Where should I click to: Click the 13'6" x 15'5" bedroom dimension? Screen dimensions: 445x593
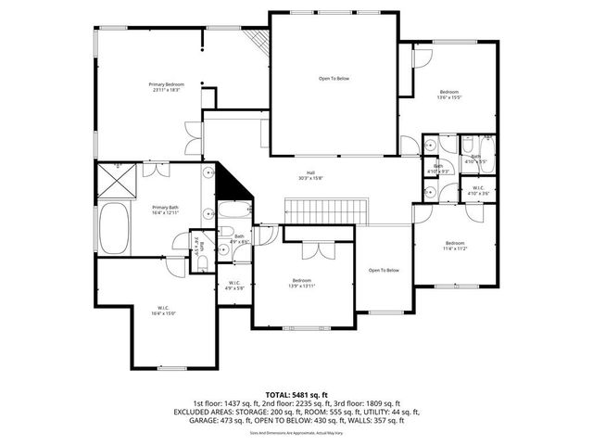(x=449, y=96)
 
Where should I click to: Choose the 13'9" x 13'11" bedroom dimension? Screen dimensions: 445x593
(x=302, y=286)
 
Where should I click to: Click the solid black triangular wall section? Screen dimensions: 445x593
(x=236, y=184)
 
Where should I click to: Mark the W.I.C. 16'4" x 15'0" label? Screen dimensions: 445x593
(x=162, y=313)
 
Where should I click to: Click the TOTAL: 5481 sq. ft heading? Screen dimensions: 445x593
(x=296, y=395)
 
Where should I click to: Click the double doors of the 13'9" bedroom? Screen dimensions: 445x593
(x=317, y=248)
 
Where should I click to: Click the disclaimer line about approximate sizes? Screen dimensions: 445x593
(x=296, y=432)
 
